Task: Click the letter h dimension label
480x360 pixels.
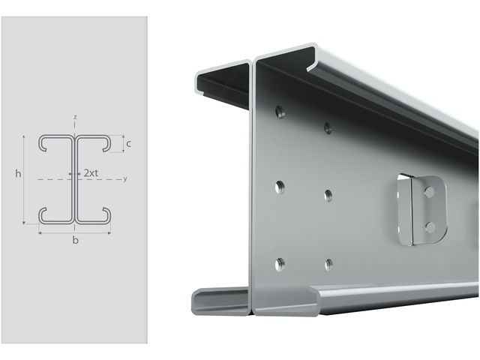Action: pyautogui.click(x=18, y=174)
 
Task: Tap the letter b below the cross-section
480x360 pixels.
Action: pyautogui.click(x=75, y=240)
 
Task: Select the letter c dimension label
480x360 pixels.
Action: pyautogui.click(x=129, y=143)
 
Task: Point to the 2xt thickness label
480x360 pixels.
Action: pyautogui.click(x=91, y=173)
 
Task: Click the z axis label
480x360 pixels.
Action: pyautogui.click(x=75, y=118)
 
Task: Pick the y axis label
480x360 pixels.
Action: pyautogui.click(x=125, y=178)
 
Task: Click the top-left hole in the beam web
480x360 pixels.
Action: pyautogui.click(x=280, y=112)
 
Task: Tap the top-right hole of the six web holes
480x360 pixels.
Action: pyautogui.click(x=328, y=127)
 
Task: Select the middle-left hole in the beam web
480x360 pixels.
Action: pyautogui.click(x=280, y=187)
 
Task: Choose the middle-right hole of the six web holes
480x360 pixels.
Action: pyautogui.click(x=328, y=196)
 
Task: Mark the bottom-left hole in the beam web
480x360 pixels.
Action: pyautogui.click(x=280, y=263)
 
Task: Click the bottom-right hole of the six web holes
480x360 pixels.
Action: pyautogui.click(x=328, y=263)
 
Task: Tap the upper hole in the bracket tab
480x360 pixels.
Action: pyautogui.click(x=429, y=191)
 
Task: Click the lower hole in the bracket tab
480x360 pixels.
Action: pyautogui.click(x=430, y=226)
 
